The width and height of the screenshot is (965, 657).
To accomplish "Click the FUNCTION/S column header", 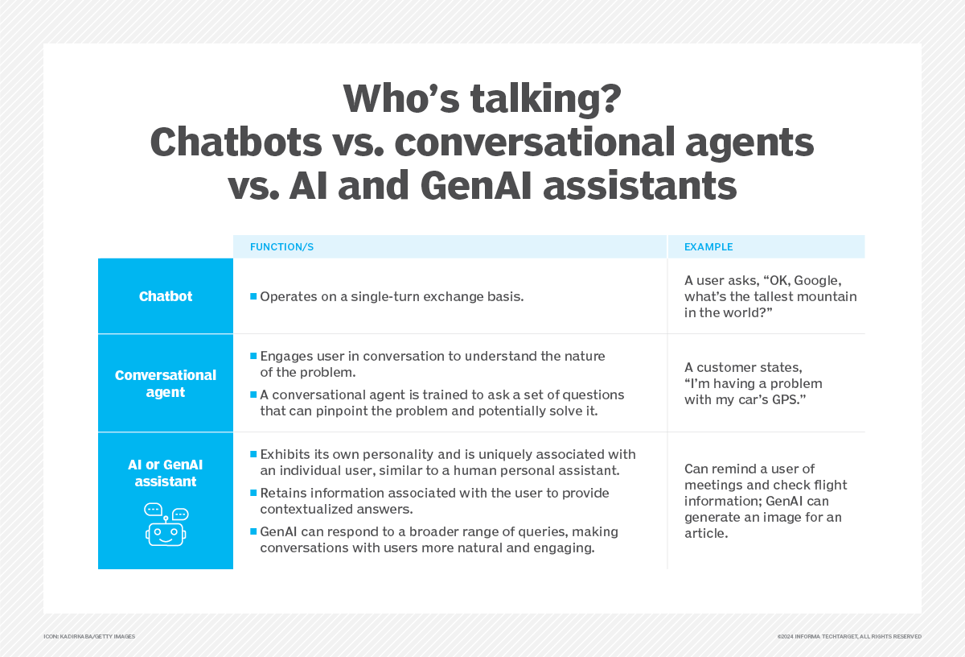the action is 281,246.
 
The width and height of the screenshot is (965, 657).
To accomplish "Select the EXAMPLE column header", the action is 708,246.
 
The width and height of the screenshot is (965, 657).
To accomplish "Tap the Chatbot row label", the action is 166,296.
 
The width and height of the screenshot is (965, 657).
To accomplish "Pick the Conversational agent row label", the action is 166,383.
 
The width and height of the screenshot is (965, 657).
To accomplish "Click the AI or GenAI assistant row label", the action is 166,473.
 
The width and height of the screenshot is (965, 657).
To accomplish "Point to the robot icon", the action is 166,525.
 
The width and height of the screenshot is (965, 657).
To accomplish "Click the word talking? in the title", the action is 545,99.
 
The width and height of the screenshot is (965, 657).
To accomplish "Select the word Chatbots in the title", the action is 236,143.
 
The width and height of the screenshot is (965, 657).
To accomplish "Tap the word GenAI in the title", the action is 475,185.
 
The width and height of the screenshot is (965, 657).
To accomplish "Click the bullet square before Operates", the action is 253,296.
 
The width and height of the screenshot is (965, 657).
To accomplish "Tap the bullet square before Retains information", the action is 253,493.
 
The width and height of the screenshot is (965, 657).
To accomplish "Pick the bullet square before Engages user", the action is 253,356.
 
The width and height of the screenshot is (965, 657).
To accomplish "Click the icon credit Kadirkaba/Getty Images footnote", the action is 89,636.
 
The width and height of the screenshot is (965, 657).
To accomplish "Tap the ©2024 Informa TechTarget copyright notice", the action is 849,636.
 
